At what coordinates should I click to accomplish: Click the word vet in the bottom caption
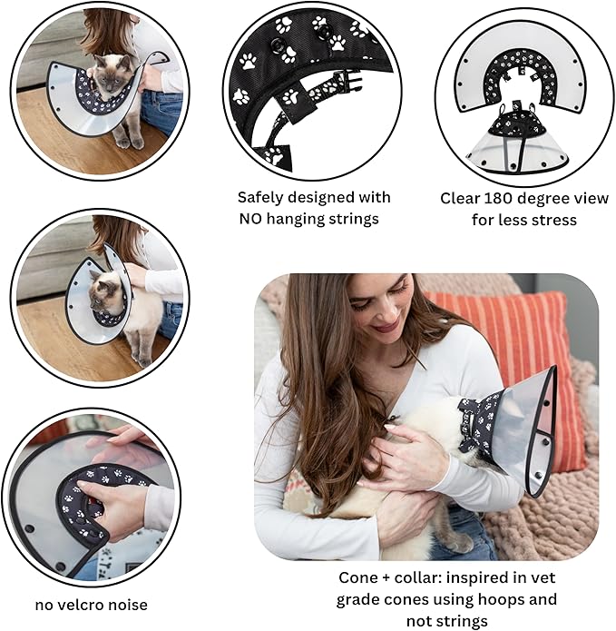coord(541,577)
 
